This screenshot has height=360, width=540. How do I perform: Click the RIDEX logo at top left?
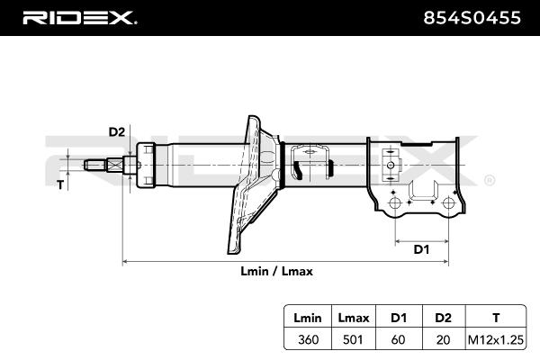click(78, 16)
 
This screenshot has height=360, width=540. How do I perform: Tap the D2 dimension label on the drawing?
click(116, 132)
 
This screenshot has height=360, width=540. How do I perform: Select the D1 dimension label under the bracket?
click(420, 249)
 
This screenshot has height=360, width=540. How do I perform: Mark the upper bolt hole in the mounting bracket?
click(390, 165)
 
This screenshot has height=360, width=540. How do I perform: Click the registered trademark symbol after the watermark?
click(489, 180)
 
